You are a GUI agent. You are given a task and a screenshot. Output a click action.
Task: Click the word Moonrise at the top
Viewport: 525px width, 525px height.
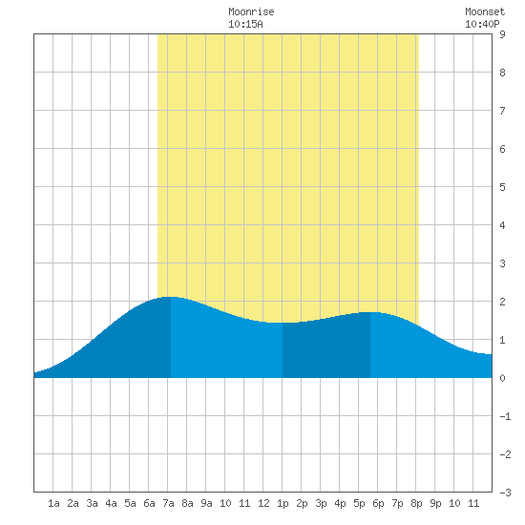point(251,11)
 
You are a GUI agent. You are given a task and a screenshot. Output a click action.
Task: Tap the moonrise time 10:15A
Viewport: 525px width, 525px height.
point(245,24)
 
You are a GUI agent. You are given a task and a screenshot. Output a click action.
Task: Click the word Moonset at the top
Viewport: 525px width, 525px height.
point(485,11)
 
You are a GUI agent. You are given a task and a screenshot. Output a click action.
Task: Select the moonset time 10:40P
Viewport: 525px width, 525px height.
point(482,24)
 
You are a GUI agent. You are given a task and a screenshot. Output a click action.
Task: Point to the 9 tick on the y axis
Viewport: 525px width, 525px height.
point(502,34)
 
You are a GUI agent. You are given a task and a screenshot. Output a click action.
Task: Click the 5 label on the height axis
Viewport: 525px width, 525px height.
point(502,187)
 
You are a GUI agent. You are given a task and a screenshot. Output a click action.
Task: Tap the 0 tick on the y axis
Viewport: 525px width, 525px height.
point(502,378)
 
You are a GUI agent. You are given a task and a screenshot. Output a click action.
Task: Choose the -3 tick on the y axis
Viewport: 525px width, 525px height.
point(505,493)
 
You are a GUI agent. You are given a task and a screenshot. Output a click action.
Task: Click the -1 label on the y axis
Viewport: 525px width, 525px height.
point(505,416)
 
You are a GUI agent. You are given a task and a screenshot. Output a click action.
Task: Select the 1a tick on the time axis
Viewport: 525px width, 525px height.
point(53,503)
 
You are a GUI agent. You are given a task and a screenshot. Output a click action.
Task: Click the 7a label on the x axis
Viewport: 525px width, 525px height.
point(168,503)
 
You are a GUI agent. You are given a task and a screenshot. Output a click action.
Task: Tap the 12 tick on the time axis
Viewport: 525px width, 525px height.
point(263,503)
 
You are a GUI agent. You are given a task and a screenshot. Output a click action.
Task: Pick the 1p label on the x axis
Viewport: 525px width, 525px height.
point(283,503)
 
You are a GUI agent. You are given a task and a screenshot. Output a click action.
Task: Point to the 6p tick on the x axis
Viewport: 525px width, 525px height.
point(378,503)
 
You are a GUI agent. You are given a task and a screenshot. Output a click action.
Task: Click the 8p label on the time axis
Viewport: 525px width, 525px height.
point(416,503)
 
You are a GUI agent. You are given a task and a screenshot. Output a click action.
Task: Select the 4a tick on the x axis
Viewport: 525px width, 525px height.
point(111,503)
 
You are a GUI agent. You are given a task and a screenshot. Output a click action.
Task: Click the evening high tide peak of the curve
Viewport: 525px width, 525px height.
point(370,312)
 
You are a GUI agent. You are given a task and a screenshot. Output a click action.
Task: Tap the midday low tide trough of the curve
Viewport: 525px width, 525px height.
point(283,323)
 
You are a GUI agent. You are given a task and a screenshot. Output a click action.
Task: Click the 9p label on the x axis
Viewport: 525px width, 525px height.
point(435,503)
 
